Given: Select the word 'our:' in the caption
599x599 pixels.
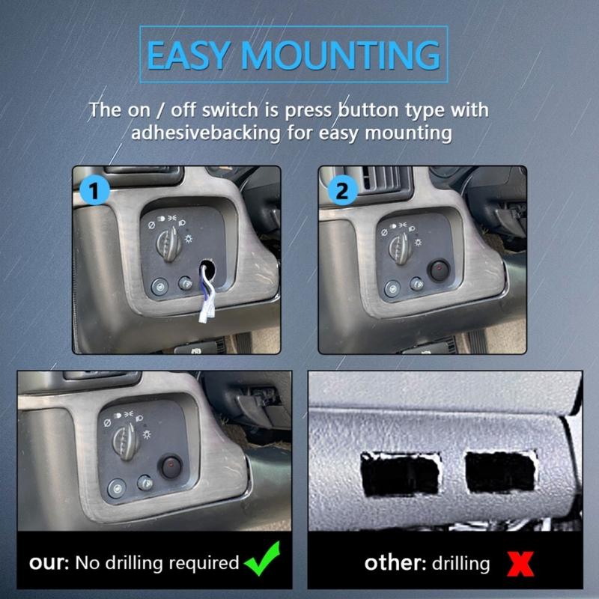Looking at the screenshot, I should pyautogui.click(x=48, y=562).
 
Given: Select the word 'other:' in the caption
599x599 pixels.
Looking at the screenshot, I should pyautogui.click(x=392, y=562).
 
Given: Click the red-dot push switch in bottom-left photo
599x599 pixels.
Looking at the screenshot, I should pyautogui.click(x=171, y=469).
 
